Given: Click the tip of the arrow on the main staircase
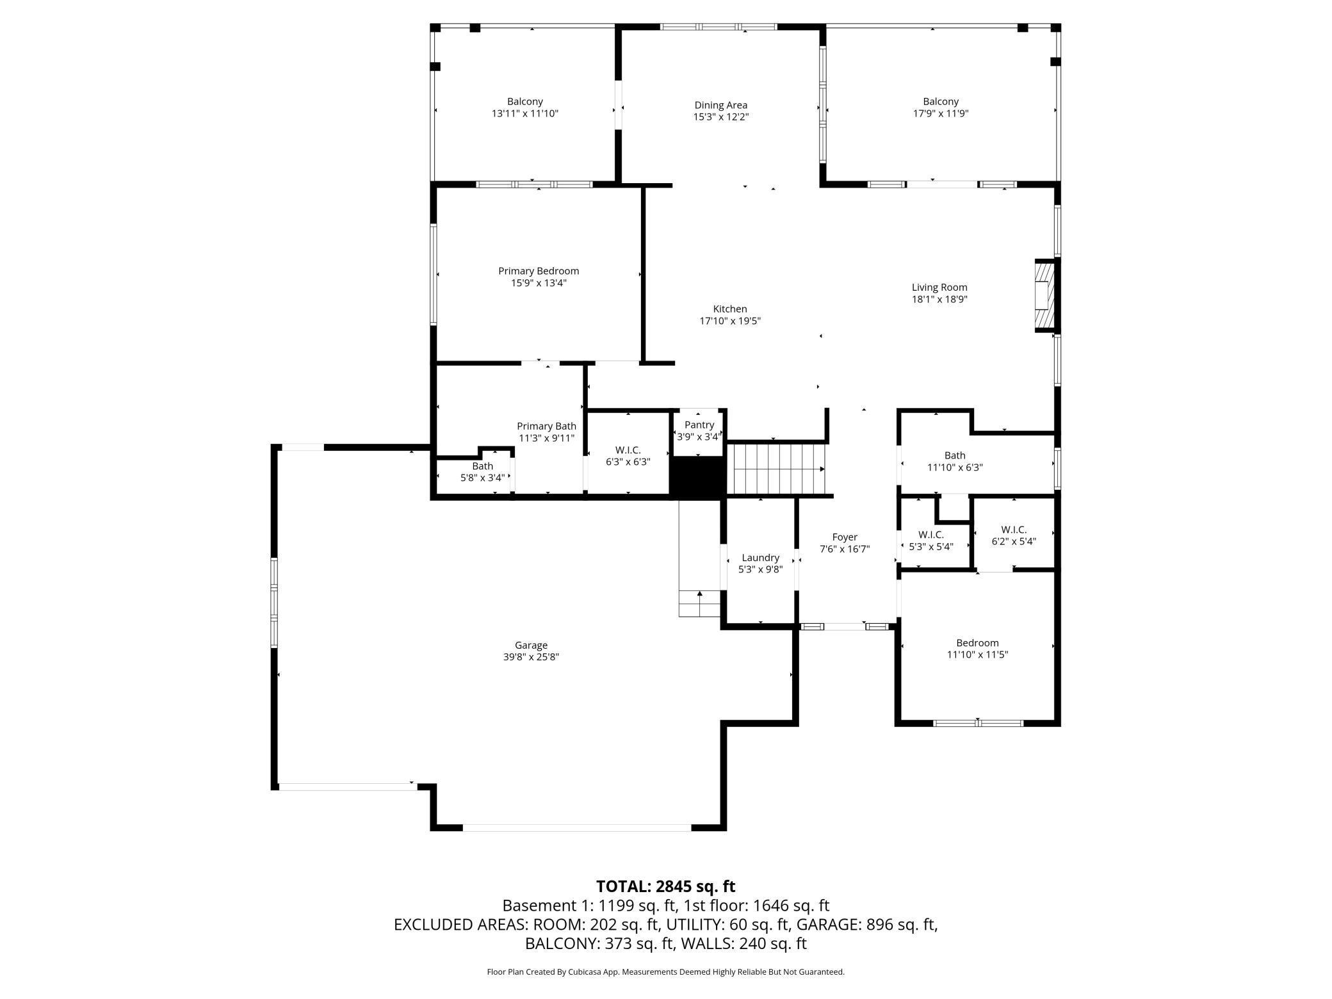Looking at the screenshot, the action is pos(824,469).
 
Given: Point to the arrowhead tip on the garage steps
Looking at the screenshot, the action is pos(700,590).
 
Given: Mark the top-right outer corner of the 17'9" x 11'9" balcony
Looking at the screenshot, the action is pos(1061,24).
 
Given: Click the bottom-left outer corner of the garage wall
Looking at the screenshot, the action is pos(272,790).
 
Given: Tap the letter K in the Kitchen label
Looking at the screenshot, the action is pos(717,309).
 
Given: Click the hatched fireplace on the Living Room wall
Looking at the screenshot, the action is pos(1044,296).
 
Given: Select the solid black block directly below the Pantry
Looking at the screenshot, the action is pos(697,477).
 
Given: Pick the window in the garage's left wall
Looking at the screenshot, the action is pos(274,602).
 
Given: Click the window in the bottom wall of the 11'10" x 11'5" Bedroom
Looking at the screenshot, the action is pos(978,723).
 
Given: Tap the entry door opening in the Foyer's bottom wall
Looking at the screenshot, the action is pos(845,626).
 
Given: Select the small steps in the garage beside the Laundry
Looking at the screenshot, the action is pos(700,603).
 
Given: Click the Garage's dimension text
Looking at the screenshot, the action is pos(531,657).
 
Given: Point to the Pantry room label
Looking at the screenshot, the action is pos(699,425).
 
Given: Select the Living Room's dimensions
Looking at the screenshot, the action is pos(939,299).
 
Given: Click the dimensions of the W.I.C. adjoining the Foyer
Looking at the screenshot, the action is pos(931,547).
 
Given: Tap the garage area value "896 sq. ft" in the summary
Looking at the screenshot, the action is pos(902,925).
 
